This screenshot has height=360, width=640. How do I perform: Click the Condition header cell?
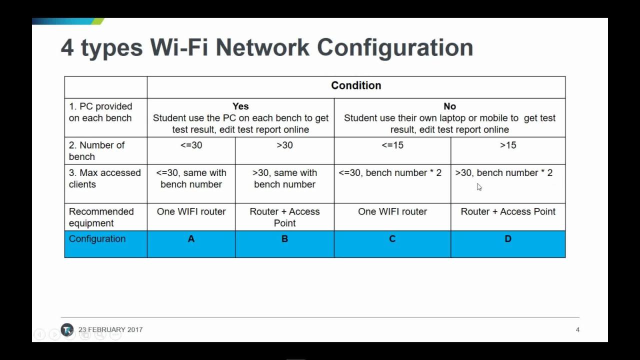coord(356,85)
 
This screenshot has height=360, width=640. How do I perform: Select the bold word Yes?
coord(240,106)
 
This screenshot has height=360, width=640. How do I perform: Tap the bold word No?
coord(449,106)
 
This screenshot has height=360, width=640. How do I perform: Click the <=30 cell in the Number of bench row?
coord(191,145)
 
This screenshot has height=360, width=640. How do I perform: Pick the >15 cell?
coord(508,145)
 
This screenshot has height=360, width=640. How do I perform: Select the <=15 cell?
coord(392,145)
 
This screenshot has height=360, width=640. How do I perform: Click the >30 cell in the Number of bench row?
coord(284,145)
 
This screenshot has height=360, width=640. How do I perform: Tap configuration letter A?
coord(191,239)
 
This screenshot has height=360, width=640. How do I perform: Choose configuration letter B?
coord(284,239)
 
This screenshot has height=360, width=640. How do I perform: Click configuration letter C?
coord(392,239)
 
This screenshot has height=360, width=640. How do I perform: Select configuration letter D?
coord(508,239)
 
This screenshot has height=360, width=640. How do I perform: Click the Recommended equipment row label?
coord(101,217)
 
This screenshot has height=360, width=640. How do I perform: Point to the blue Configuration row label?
coord(97,239)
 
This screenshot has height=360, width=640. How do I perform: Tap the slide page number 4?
coord(577,329)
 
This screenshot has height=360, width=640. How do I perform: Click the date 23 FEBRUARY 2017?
coord(110,329)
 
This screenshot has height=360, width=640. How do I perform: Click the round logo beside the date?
coord(67,329)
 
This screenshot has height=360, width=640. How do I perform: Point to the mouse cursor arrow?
coord(479,187)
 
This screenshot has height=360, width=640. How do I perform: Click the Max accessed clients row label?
coord(104,178)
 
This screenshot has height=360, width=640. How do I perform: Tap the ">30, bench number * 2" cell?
coord(504,173)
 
